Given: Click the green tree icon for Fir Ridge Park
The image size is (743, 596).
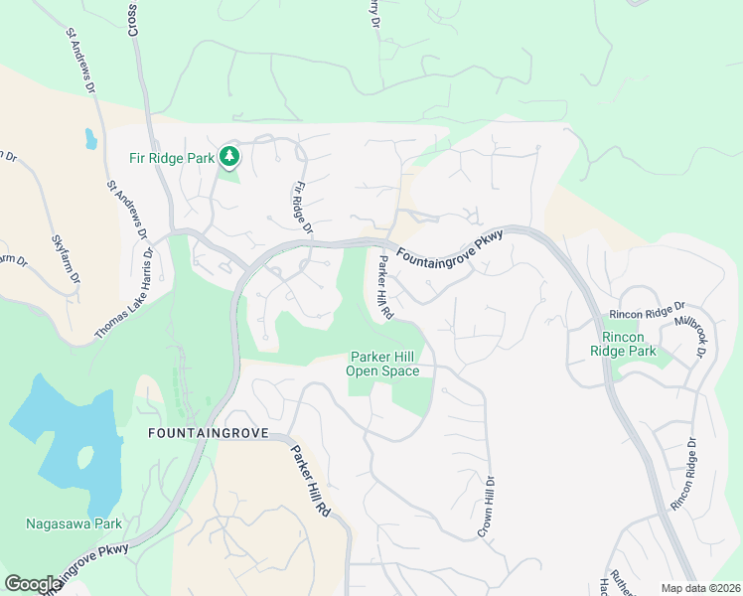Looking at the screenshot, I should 229,156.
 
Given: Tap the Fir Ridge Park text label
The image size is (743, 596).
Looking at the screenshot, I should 173,157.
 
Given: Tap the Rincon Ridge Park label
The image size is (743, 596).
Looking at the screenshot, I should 624,344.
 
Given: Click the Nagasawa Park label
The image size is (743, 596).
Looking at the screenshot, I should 74,523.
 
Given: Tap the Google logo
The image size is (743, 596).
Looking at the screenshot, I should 33,584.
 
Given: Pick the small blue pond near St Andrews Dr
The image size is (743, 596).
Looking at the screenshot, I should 91,139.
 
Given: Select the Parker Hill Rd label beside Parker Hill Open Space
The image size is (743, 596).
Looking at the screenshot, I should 385,287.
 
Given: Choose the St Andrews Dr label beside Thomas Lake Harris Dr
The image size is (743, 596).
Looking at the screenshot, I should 128,210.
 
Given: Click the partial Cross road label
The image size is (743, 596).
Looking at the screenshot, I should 132,19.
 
